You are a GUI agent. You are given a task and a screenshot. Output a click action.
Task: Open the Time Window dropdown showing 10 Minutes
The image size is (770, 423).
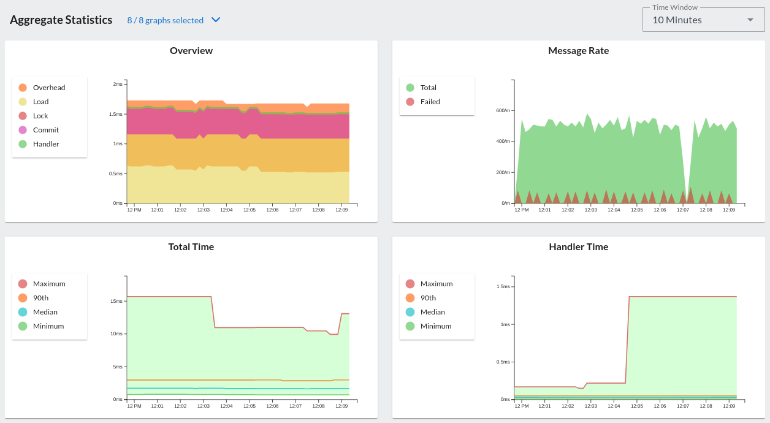(x=703, y=20)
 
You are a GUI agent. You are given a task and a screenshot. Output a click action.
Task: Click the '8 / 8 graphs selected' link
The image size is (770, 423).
(x=166, y=20)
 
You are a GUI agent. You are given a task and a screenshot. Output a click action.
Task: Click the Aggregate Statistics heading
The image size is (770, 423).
(x=61, y=20)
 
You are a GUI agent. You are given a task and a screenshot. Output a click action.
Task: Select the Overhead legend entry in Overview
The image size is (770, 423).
(x=48, y=88)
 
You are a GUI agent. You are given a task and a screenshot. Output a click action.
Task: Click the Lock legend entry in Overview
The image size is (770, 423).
(x=40, y=116)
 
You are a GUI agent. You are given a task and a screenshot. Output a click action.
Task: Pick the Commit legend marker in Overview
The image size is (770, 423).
(x=23, y=130)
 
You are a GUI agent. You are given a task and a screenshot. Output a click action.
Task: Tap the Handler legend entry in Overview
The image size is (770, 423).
(x=46, y=144)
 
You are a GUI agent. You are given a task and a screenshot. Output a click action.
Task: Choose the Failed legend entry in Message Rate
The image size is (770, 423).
(x=430, y=102)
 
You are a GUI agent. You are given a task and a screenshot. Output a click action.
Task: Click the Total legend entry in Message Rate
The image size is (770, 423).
(x=428, y=88)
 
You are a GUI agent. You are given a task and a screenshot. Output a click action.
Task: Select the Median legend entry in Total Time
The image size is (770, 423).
(x=45, y=312)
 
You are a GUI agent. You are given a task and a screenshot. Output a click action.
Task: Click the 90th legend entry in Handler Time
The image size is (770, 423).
(x=428, y=298)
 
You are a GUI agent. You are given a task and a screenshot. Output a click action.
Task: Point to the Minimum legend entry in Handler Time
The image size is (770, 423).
(x=435, y=326)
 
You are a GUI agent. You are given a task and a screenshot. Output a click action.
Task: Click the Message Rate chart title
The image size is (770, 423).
(x=578, y=51)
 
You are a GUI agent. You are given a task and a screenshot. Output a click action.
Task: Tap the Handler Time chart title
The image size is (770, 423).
(x=578, y=247)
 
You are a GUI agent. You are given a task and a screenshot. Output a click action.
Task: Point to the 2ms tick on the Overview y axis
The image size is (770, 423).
(x=117, y=84)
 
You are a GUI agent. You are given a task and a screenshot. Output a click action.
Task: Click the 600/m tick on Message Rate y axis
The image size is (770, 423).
(x=503, y=111)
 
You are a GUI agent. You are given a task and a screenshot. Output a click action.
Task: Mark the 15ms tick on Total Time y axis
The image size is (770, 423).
(x=116, y=302)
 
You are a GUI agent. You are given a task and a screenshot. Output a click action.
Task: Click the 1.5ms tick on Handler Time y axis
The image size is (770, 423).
(x=503, y=287)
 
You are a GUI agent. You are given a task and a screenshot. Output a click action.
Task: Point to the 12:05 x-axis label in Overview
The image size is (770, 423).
(x=249, y=210)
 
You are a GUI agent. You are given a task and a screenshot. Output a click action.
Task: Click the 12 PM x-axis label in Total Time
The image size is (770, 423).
(x=134, y=406)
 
